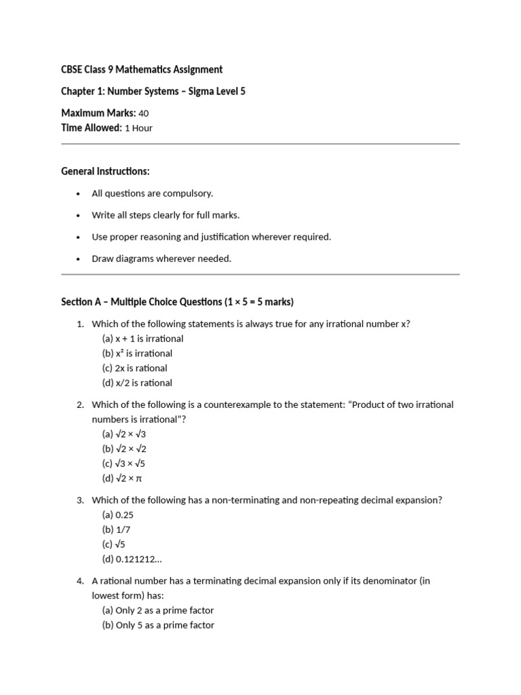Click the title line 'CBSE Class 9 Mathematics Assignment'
142,69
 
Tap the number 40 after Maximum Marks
143,113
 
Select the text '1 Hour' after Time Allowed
138,128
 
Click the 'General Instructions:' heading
105,171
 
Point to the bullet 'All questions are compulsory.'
152,193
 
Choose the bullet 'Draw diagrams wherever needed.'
161,259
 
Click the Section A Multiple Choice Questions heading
177,301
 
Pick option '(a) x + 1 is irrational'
142,339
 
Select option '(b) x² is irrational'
137,354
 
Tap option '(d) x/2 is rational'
137,383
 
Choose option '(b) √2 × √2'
124,449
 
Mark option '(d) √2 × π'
123,478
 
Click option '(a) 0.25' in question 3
118,515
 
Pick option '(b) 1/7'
115,529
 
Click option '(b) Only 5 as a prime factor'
158,625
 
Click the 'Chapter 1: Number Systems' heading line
153,91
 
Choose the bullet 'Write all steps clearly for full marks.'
166,215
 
